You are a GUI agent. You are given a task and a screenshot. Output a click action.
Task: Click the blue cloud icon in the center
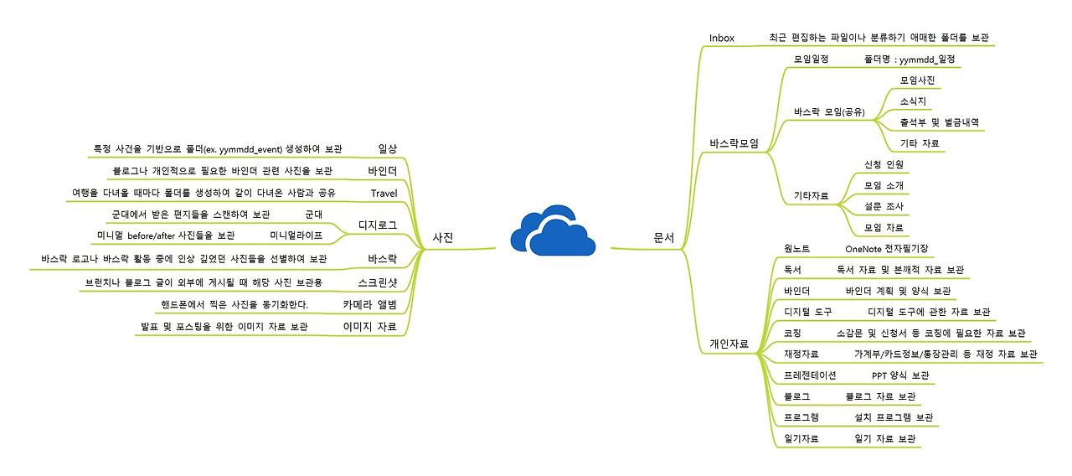click(553, 230)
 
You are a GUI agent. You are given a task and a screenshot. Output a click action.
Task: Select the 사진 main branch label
click(443, 237)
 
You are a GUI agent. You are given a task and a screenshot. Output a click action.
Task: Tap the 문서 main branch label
click(664, 237)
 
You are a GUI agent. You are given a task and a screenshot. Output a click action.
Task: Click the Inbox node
click(722, 38)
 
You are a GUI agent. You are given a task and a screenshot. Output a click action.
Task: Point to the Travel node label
click(384, 193)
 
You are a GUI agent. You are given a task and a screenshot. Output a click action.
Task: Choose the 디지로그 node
click(378, 225)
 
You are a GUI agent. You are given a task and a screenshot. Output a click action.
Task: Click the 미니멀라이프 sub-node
click(296, 235)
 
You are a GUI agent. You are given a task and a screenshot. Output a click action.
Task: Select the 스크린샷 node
click(378, 282)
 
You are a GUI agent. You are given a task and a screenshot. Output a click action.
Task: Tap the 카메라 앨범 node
click(369, 304)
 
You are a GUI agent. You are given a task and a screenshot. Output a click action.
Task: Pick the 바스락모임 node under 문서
click(734, 143)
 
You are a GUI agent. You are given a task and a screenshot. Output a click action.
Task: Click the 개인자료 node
click(729, 344)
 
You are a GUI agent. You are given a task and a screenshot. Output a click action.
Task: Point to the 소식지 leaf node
click(913, 101)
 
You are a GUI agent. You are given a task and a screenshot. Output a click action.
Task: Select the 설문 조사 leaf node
click(884, 206)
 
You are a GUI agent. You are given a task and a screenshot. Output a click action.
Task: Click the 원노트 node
click(796, 249)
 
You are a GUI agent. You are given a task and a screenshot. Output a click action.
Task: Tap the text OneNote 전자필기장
click(887, 249)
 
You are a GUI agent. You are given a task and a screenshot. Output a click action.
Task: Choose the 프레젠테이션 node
click(810, 375)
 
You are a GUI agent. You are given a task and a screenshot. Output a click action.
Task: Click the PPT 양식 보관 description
click(900, 375)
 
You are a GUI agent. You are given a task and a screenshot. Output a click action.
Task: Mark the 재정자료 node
click(801, 354)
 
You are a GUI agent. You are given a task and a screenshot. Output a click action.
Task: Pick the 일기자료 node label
click(801, 438)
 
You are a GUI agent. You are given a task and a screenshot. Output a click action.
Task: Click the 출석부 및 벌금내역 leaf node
click(940, 122)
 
